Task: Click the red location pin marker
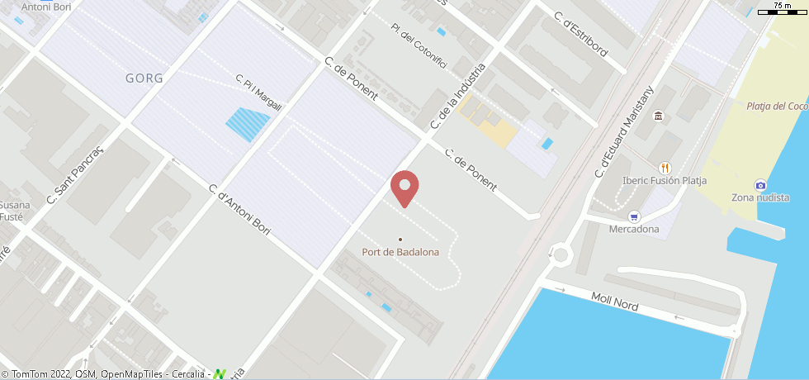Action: tap(404, 188)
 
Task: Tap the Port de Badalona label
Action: tap(400, 252)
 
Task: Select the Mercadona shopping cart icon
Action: tap(634, 217)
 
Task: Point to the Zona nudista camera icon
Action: tap(759, 185)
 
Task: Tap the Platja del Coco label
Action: tap(776, 106)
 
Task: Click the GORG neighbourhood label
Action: tap(144, 78)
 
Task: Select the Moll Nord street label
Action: tap(615, 301)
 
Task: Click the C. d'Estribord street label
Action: tap(580, 34)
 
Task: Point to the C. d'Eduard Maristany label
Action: tap(625, 131)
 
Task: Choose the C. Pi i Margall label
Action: tap(259, 93)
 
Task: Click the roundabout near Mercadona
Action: tap(561, 254)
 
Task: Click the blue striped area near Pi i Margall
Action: tap(248, 125)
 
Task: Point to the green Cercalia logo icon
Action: tap(219, 374)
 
